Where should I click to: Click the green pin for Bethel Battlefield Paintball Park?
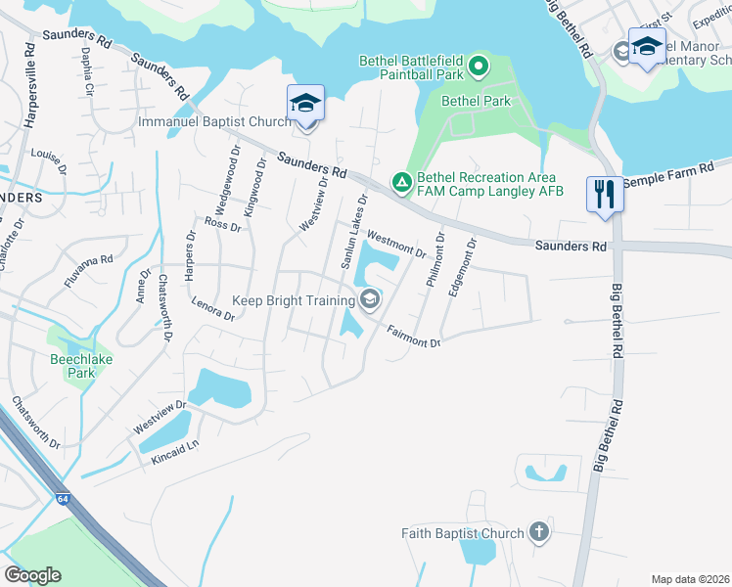[x=478, y=67]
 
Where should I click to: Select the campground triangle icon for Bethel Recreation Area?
[x=401, y=183]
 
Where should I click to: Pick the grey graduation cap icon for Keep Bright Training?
[x=370, y=299]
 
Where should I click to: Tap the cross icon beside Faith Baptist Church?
[x=537, y=532]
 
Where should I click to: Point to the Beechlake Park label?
[x=73, y=366]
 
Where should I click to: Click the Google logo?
[x=32, y=575]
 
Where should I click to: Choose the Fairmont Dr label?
[x=412, y=336]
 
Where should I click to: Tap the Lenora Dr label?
[x=213, y=309]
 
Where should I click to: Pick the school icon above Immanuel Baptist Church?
[x=305, y=102]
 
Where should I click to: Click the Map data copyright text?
[x=689, y=578]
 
